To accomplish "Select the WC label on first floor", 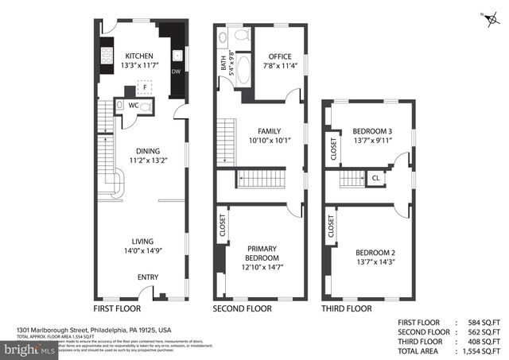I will tap(134, 105).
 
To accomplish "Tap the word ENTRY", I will tap(148, 277).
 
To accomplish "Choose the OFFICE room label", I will tap(279, 56).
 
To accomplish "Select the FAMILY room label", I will tap(268, 130).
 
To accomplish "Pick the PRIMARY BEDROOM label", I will tap(262, 253).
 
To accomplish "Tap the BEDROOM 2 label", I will tap(375, 253).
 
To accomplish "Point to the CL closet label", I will tap(375, 179).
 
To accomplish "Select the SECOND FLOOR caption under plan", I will tap(242, 308).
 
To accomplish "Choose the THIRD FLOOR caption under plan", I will tap(346, 308).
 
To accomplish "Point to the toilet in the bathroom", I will tap(243, 34).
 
